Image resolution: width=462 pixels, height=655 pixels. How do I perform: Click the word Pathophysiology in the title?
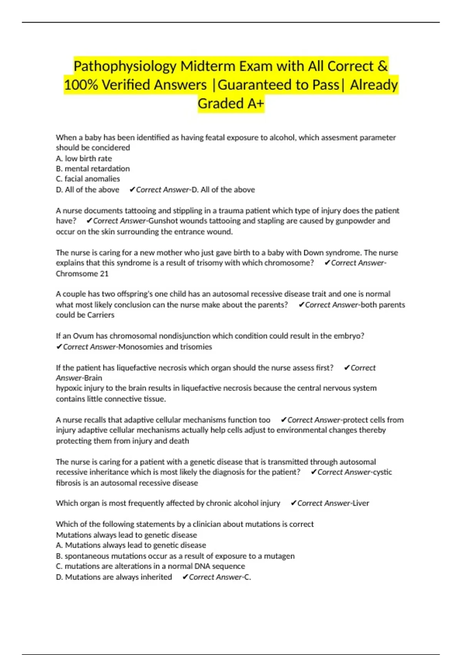tap(125, 66)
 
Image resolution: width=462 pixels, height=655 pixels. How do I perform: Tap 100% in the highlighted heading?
tap(81, 85)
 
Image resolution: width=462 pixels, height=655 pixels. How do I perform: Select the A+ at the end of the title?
tap(255, 103)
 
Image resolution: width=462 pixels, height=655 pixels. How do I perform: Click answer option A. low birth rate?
tap(84, 158)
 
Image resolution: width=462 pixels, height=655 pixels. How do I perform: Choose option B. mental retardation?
tap(93, 168)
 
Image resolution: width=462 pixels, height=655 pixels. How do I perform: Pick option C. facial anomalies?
tap(88, 179)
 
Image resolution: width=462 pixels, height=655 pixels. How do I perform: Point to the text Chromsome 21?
tap(82, 274)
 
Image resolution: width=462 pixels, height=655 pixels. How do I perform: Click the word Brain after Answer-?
tap(93, 378)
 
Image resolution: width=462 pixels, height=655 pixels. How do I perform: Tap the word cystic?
tap(382, 472)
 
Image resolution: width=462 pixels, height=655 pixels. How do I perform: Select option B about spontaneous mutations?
tap(175, 556)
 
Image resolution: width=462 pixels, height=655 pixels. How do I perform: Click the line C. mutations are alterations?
tap(151, 566)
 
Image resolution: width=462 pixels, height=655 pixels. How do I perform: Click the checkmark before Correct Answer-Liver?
tap(293, 503)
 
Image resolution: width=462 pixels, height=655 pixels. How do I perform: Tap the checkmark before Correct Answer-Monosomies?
tap(59, 347)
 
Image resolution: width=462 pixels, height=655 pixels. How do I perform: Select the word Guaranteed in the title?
tap(255, 85)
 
